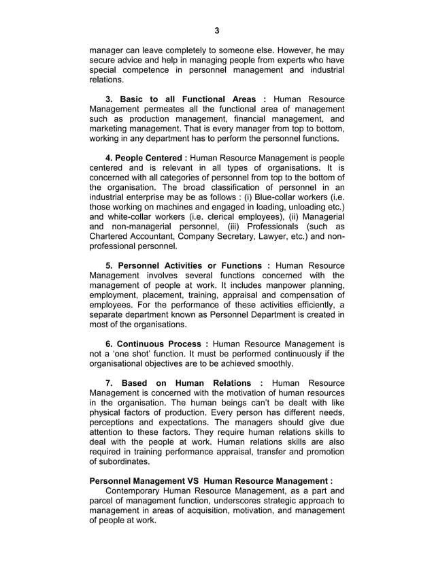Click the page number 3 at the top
[x=217, y=30]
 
